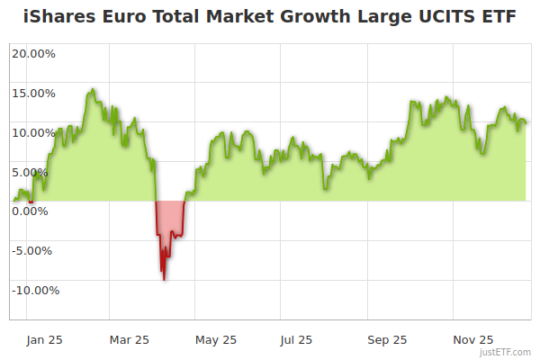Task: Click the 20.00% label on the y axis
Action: [33, 53]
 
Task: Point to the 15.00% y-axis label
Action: [33, 93]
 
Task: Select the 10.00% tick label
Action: [33, 132]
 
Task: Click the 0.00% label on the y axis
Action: [31, 211]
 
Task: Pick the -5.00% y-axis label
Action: [34, 250]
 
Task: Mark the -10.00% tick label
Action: [34, 290]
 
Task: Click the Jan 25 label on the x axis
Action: [43, 340]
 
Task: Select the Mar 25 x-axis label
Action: [129, 340]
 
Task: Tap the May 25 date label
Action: [216, 340]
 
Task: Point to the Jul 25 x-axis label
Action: [296, 340]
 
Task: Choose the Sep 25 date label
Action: [387, 340]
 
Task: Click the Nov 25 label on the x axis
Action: [473, 340]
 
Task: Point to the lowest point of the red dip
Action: [164, 279]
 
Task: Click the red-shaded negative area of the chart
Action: [171, 220]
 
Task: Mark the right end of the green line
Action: [526, 122]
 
